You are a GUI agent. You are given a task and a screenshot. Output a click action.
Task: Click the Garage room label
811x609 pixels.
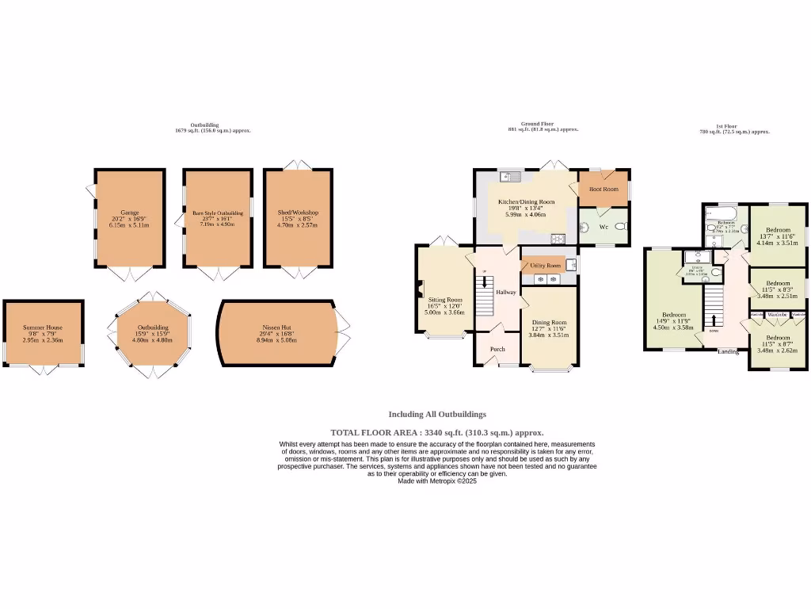[130, 213]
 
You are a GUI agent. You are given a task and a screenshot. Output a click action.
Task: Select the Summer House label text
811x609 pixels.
[43, 327]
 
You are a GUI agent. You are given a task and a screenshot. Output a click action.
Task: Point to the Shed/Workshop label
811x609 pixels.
[298, 213]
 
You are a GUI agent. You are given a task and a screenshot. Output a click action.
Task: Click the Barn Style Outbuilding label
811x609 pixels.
[217, 213]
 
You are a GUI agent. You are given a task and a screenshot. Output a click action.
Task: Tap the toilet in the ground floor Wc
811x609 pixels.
[621, 226]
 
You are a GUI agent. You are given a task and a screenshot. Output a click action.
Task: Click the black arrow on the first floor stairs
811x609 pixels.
[714, 320]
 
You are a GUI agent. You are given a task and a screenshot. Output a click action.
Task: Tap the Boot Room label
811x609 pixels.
[603, 190]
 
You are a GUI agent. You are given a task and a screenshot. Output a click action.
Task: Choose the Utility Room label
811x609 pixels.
[545, 266]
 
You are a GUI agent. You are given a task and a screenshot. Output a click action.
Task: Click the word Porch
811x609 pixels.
[497, 349]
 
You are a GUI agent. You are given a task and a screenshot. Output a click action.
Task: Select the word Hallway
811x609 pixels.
[506, 292]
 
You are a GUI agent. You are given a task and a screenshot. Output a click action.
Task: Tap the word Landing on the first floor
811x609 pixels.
[729, 351]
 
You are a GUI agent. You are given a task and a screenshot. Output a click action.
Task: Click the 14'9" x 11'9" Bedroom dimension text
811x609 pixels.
[672, 320]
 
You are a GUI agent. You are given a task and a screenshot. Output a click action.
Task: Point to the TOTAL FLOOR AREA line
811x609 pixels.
[436, 432]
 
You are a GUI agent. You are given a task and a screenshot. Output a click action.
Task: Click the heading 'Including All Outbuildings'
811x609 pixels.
[436, 414]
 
